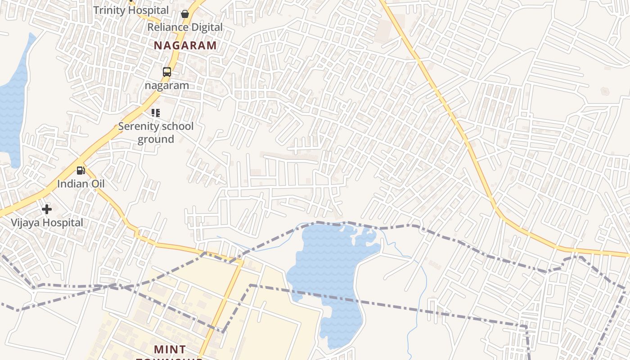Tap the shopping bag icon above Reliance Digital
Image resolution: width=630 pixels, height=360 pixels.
[184, 14]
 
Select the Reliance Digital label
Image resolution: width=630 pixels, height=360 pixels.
[185, 27]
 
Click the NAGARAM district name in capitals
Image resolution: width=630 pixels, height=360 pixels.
[185, 45]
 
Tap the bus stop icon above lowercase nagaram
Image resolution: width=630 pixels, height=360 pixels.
[167, 72]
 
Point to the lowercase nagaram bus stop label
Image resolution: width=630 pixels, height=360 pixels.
[167, 85]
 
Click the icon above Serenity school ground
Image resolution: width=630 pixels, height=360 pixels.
[156, 113]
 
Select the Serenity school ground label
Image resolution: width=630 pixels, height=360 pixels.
[156, 132]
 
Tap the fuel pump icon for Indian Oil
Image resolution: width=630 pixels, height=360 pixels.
[81, 170]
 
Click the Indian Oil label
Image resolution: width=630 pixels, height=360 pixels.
[81, 184]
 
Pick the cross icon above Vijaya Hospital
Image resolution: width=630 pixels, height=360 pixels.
[47, 209]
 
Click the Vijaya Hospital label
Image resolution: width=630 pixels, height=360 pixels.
[47, 222]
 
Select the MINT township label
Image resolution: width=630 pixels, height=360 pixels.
[170, 350]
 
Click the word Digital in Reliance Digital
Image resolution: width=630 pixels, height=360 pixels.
[206, 27]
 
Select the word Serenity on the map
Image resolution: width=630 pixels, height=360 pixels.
[136, 126]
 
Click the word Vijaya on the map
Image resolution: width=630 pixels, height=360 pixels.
[25, 222]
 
